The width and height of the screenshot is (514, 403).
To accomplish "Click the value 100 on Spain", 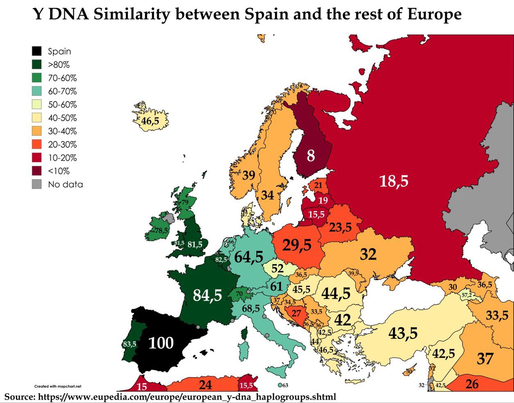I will (x=161, y=343).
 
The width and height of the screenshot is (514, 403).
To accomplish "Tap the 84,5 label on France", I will (x=208, y=295).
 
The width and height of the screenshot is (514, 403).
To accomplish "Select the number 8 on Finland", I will (x=311, y=156).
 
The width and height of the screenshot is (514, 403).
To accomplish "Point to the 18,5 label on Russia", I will (x=394, y=181).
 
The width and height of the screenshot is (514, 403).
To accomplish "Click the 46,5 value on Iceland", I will (x=150, y=121).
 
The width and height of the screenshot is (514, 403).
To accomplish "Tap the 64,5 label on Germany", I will (x=249, y=257).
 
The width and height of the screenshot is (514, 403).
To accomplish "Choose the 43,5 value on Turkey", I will (x=403, y=333).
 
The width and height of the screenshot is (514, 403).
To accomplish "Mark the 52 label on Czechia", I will (x=277, y=269).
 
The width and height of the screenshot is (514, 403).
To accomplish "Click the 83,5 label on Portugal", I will (x=129, y=344).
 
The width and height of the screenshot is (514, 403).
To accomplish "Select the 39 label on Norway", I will (x=249, y=175).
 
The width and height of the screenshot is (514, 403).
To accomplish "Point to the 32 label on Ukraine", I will (x=368, y=254).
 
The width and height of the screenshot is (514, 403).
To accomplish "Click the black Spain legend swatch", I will (x=37, y=51).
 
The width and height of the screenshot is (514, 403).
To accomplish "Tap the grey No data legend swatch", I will (x=37, y=184).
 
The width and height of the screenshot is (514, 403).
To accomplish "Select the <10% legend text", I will (x=59, y=171).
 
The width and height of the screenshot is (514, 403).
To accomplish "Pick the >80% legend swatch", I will (x=37, y=65).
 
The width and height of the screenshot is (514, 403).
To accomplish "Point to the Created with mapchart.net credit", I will (x=58, y=386).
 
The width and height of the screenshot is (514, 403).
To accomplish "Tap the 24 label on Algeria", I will (x=205, y=385).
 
